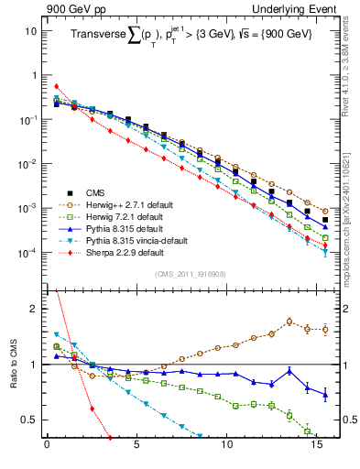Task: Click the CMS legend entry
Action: tap(94, 192)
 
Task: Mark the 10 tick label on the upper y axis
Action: tap(30, 30)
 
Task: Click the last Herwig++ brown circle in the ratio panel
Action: tap(324, 330)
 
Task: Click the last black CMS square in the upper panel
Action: tap(324, 220)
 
